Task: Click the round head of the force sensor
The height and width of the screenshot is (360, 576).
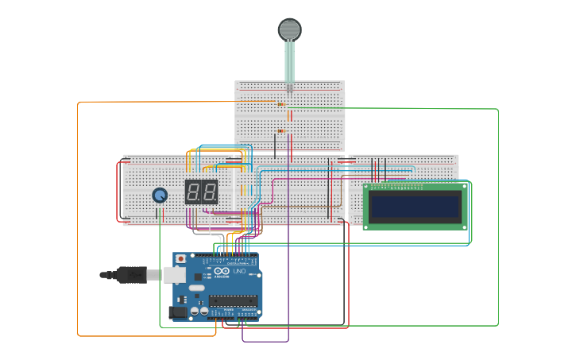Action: coord(289,30)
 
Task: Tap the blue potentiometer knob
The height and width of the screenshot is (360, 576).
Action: coord(160,195)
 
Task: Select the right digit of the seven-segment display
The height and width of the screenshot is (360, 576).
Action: coord(209,192)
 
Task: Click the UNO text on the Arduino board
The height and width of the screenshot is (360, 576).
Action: coord(239,272)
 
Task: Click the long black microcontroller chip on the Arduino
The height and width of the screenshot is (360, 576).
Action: coord(233,300)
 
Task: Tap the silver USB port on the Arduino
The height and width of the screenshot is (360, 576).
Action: coord(175,273)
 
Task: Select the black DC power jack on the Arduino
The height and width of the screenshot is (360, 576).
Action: coord(180,312)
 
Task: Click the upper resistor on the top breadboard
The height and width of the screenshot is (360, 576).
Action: coord(280,104)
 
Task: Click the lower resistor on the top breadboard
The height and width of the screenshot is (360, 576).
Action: coord(280,131)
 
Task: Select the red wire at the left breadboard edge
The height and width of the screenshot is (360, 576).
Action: coord(118,191)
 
